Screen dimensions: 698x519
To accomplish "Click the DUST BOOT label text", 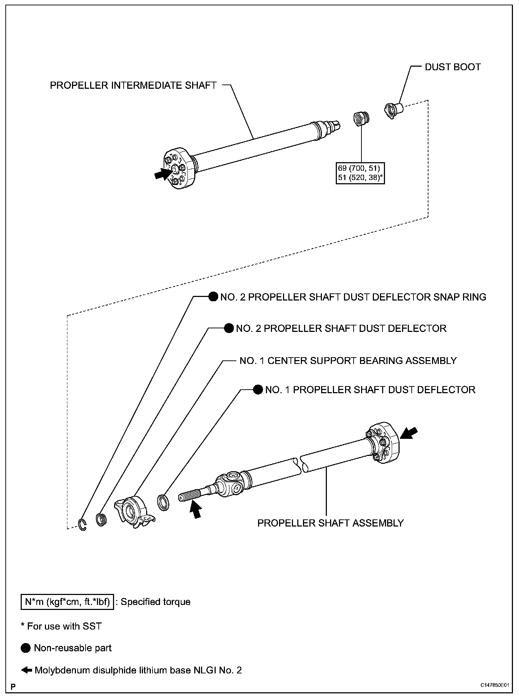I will tap(452, 67).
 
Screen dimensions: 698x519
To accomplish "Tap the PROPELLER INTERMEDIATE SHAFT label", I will tap(133, 86).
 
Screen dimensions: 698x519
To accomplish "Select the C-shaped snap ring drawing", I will tap(82, 525).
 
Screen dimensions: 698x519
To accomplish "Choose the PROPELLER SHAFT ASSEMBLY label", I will tap(330, 523).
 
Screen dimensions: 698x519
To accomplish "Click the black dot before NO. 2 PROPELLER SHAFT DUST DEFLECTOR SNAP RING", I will tap(213, 297).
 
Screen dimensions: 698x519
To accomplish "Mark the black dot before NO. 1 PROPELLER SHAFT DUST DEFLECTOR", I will tap(258, 390).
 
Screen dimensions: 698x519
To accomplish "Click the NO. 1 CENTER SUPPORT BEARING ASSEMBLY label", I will tap(348, 361).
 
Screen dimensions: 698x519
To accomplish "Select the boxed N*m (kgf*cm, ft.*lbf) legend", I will tap(67, 602).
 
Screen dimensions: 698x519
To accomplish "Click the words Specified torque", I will tap(155, 602).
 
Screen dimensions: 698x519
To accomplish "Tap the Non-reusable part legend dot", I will tap(26, 648).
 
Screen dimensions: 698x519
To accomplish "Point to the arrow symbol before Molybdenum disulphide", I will tap(27, 670).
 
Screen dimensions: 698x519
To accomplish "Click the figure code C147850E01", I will tap(494, 686).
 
